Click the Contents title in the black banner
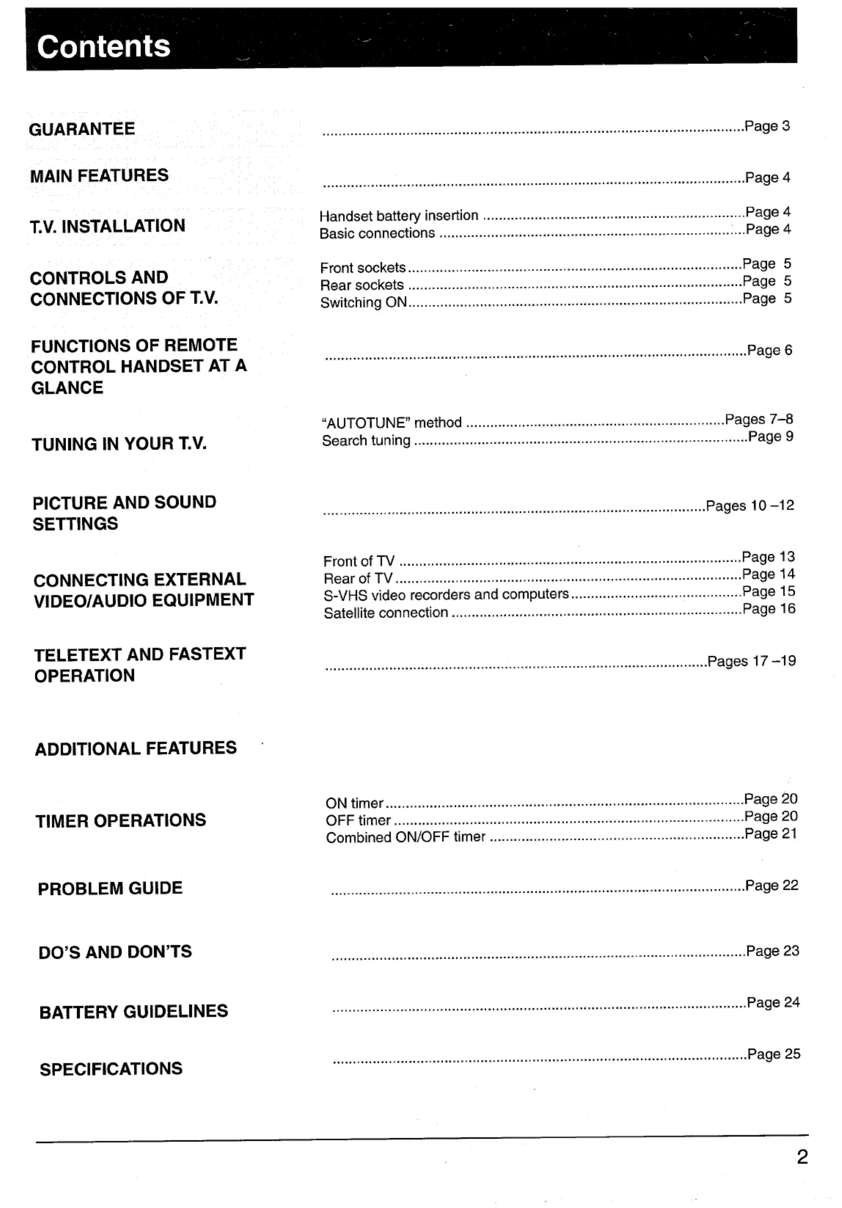103,46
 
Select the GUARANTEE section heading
82,129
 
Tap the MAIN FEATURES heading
99,176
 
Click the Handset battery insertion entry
399,216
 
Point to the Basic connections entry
377,233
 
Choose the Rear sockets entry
362,285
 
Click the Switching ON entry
364,303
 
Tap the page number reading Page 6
769,350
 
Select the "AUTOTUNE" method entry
392,422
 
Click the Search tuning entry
366,441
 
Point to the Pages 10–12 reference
750,506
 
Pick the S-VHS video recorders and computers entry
446,595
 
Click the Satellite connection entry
386,613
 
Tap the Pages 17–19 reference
751,661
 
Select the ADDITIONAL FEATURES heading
136,749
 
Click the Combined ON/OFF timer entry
405,837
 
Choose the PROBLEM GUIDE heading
110,888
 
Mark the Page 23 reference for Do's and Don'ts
772,951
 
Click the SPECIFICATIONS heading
111,1069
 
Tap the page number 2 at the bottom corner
802,1157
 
